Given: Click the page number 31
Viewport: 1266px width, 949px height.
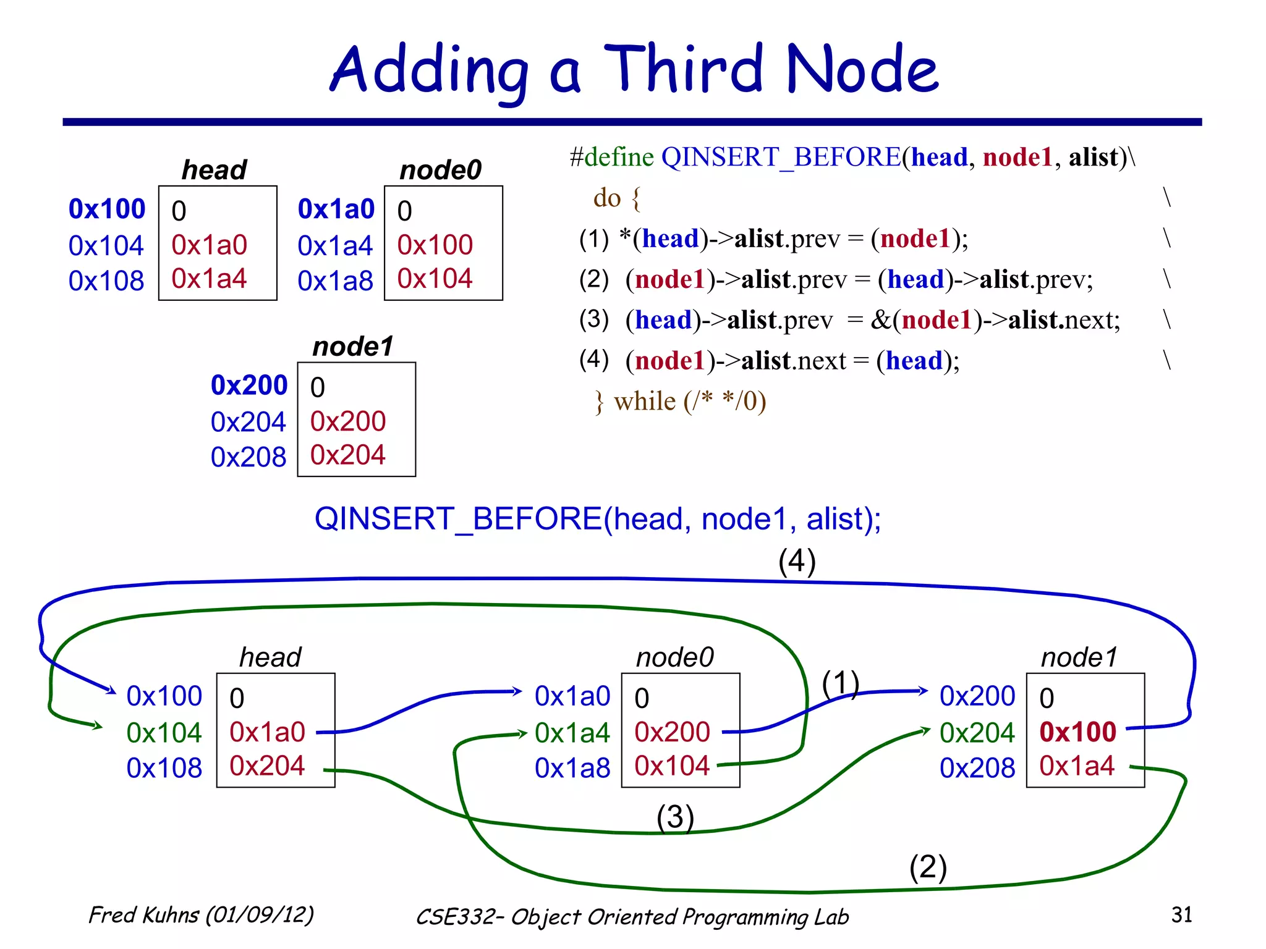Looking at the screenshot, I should [x=1181, y=914].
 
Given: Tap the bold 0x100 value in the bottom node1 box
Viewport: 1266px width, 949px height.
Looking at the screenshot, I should [x=1077, y=732].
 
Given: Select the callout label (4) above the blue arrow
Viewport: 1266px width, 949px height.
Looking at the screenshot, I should [x=797, y=562].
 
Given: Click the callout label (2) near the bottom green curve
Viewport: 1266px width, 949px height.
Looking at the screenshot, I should [x=927, y=867].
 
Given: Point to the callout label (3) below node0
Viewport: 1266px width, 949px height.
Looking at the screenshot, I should [x=675, y=817].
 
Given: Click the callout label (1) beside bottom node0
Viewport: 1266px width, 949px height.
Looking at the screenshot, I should [x=840, y=683].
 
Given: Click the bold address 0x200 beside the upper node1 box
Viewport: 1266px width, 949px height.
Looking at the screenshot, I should [x=249, y=386].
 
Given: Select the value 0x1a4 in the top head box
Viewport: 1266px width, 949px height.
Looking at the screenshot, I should [x=209, y=279].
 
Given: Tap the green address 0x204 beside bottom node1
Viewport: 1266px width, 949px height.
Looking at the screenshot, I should [x=977, y=733].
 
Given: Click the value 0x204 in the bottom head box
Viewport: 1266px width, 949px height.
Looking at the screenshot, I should [x=267, y=766].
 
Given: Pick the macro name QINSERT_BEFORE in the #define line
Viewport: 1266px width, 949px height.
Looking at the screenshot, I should [x=781, y=158].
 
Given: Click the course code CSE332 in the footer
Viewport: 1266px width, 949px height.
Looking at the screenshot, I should [x=456, y=917].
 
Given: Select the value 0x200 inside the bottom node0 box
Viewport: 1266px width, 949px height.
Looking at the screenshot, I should [x=672, y=732].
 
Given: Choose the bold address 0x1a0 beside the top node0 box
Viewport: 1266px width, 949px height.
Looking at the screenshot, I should [x=336, y=209].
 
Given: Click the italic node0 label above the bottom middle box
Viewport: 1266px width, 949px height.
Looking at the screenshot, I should [x=674, y=657].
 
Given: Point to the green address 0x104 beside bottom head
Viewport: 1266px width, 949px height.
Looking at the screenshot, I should [x=164, y=733].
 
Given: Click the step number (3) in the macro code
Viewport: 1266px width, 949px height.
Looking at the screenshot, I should [x=593, y=319].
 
